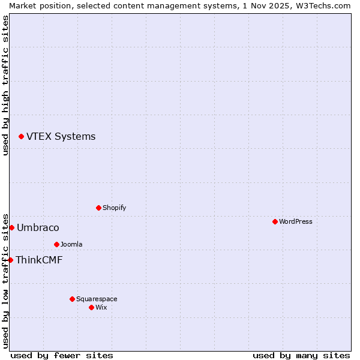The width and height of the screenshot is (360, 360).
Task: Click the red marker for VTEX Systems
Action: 21,137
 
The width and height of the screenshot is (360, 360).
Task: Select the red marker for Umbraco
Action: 11,228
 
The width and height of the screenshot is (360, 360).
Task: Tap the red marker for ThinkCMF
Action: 10,260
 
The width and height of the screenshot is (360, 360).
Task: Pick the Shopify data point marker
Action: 98,208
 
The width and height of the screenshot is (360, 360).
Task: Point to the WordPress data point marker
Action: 275,222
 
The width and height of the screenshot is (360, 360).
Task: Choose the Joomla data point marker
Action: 56,245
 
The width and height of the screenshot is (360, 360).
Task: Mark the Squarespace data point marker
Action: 72,299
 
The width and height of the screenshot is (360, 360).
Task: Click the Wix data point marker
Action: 91,308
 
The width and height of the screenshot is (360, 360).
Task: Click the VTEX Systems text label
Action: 61,137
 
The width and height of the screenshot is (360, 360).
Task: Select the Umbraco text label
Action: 38,228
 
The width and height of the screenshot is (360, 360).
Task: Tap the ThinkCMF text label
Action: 39,260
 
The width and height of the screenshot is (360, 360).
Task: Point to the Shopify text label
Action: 114,208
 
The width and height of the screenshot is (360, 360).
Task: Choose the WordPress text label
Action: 295,222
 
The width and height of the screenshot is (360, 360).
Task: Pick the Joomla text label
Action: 71,245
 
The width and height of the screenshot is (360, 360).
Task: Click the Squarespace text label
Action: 97,299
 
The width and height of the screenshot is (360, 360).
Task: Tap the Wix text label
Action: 101,308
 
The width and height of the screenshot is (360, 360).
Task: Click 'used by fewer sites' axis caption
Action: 62,355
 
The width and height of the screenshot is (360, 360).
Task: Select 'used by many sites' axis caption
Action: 301,355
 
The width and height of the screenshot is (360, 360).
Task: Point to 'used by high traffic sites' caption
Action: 5,85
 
